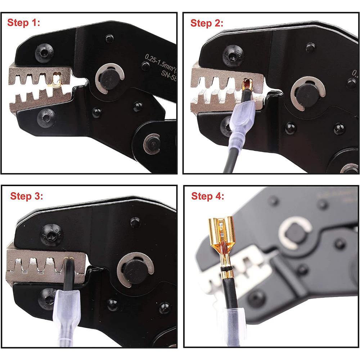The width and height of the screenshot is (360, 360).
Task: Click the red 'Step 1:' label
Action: click(24, 23)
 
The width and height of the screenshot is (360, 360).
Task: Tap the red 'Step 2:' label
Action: click(207, 23)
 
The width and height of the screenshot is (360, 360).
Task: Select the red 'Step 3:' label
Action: click(26, 196)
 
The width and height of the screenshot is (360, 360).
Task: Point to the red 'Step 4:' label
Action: click(207, 196)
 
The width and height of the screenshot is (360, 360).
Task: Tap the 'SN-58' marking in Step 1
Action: click(167, 74)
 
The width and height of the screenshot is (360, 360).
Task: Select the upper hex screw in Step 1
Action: click(42, 54)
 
